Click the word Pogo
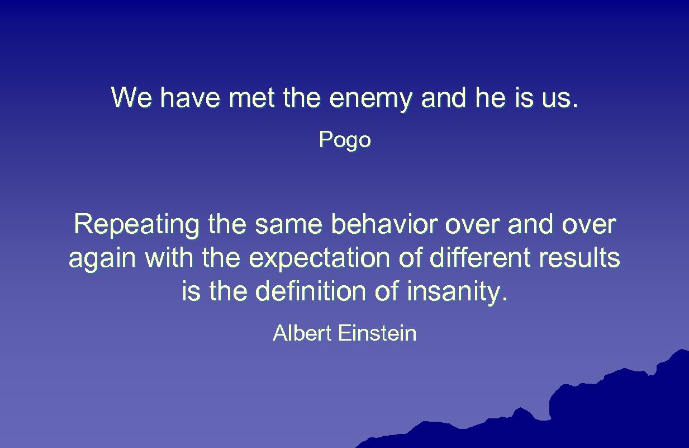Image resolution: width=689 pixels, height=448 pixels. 345,140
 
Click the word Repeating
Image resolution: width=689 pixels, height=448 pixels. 136,225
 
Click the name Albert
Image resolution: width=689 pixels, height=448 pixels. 302,334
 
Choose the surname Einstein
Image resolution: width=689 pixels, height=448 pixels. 377,334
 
